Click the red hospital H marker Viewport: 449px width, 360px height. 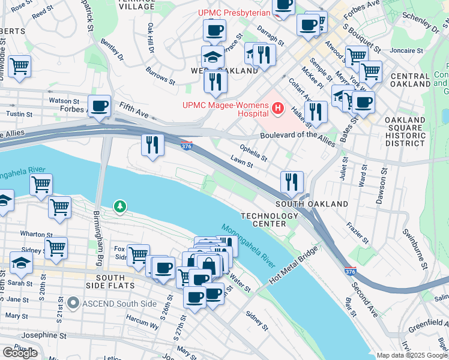coord(277,109)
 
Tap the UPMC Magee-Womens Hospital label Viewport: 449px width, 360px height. coord(226,109)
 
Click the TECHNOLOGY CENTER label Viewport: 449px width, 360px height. coord(264,220)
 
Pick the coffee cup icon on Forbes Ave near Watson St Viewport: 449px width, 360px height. coord(99,106)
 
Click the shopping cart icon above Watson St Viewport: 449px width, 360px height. coord(19,66)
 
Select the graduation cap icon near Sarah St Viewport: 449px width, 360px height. coord(20,262)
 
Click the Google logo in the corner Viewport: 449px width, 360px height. coord(20,353)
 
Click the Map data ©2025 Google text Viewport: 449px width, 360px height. coord(412,355)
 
